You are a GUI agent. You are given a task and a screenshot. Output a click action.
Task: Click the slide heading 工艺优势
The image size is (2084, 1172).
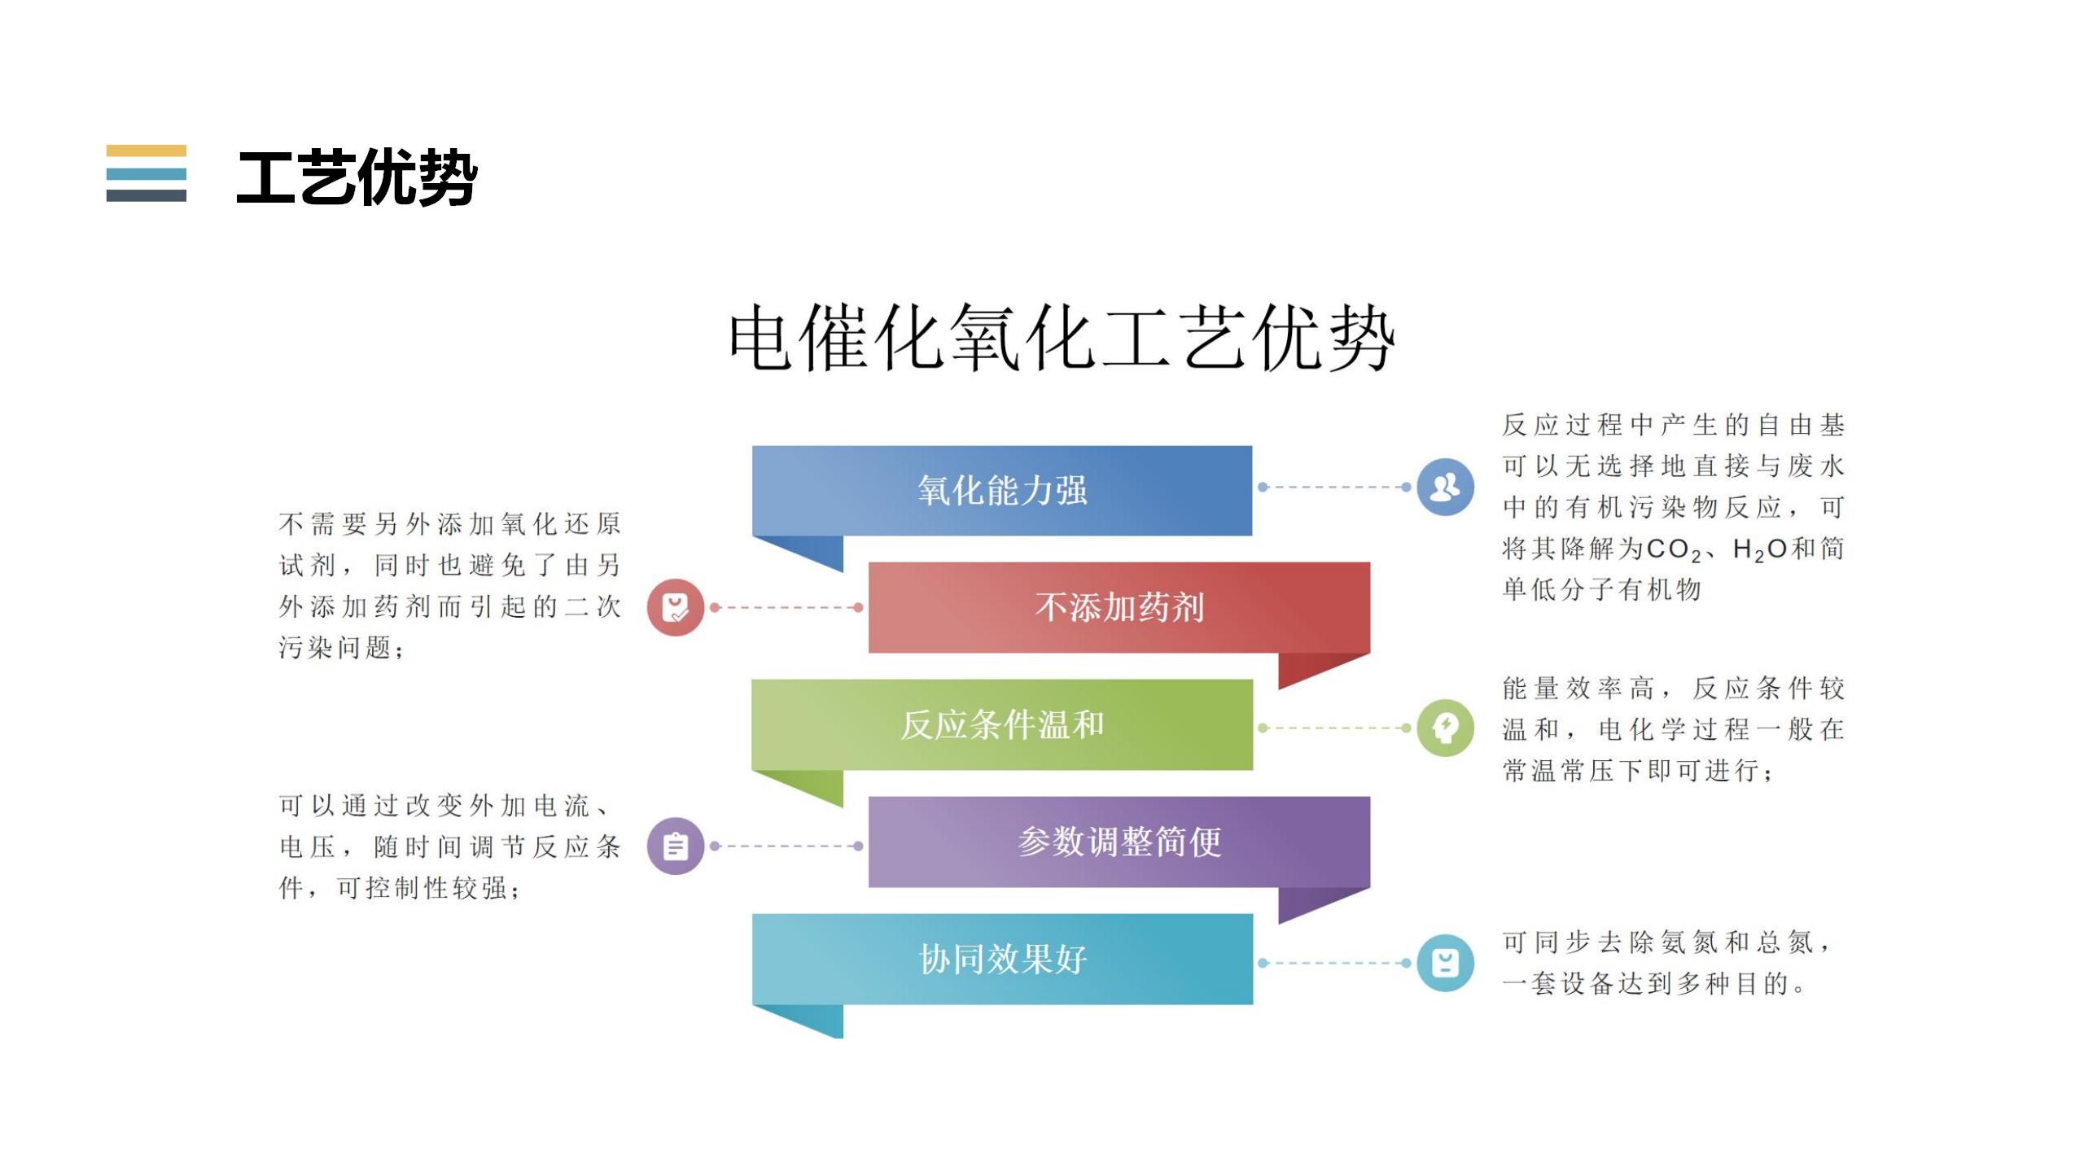click(357, 177)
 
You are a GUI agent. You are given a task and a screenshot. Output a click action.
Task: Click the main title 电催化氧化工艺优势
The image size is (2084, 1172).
click(1062, 339)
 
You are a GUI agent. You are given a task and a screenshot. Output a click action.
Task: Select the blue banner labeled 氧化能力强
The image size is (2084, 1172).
click(1002, 491)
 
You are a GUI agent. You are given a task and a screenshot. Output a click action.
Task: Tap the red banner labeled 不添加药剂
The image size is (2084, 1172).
click(1119, 607)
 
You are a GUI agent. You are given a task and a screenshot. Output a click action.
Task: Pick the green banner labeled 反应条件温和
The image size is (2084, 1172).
click(1002, 724)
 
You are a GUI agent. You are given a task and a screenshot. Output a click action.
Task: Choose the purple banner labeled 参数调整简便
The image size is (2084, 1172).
click(1119, 842)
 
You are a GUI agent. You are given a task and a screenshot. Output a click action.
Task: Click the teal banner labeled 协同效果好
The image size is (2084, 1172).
click(1002, 959)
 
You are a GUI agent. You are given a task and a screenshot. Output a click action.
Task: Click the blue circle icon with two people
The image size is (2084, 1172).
click(1445, 487)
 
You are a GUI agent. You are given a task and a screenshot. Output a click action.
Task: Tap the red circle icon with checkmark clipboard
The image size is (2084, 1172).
click(676, 607)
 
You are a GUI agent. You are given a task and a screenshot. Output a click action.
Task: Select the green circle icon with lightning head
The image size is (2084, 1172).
click(1445, 728)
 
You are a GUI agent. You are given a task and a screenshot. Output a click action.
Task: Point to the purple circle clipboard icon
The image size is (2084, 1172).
click(676, 846)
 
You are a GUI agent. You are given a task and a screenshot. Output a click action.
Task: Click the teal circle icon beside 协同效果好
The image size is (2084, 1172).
click(1445, 963)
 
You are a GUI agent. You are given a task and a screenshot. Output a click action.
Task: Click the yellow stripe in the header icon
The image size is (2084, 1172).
click(147, 151)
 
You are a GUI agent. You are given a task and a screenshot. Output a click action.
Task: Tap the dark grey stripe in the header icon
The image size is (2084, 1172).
click(147, 195)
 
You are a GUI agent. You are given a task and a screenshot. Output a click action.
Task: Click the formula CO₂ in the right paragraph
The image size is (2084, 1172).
click(1674, 550)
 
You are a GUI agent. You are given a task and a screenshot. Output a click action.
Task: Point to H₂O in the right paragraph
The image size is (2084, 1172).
click(1760, 550)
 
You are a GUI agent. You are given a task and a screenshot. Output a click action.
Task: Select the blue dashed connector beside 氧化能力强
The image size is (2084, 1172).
click(1334, 487)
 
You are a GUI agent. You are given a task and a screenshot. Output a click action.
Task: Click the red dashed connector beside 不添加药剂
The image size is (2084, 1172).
click(786, 607)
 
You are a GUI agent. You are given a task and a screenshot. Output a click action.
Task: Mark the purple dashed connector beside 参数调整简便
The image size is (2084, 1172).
click(786, 846)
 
